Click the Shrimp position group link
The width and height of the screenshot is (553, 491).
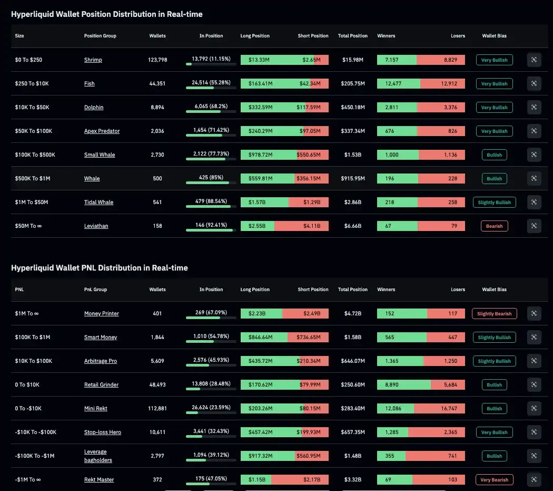pyautogui.click(x=93, y=60)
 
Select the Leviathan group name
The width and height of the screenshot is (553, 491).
pyautogui.click(x=96, y=226)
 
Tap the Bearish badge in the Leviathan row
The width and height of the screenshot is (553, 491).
pyautogui.click(x=494, y=226)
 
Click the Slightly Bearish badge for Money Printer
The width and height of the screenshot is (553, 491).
pyautogui.click(x=494, y=314)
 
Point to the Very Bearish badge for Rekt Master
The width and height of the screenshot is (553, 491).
pyautogui.click(x=494, y=480)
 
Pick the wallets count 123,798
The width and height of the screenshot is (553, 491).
pyautogui.click(x=157, y=60)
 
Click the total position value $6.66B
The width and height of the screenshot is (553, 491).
pyautogui.click(x=352, y=226)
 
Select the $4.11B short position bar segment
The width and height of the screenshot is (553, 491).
pyautogui.click(x=301, y=226)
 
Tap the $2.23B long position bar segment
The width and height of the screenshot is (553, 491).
pyautogui.click(x=261, y=314)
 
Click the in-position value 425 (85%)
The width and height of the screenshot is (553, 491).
pyautogui.click(x=211, y=178)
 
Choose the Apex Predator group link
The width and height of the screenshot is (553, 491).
pyautogui.click(x=102, y=131)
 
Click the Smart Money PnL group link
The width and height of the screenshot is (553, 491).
pyautogui.click(x=101, y=338)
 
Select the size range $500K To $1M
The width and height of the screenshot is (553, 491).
pyautogui.click(x=33, y=179)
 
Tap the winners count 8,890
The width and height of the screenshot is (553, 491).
pyautogui.click(x=393, y=385)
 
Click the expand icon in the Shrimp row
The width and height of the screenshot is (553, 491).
pyautogui.click(x=534, y=60)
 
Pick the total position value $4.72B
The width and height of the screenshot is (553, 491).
pyautogui.click(x=352, y=314)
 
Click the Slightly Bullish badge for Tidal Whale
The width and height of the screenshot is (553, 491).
pyautogui.click(x=494, y=203)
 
